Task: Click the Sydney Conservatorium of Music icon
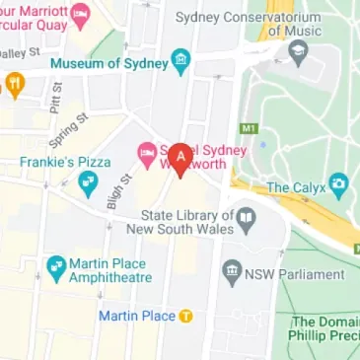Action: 299,51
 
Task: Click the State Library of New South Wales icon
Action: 249,216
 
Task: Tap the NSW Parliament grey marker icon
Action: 233,268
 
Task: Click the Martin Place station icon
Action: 184,316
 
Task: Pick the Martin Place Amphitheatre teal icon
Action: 56,266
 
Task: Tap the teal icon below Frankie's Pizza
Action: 88,180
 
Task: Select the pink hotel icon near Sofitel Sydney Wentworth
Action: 146,151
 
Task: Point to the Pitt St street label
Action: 56,98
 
